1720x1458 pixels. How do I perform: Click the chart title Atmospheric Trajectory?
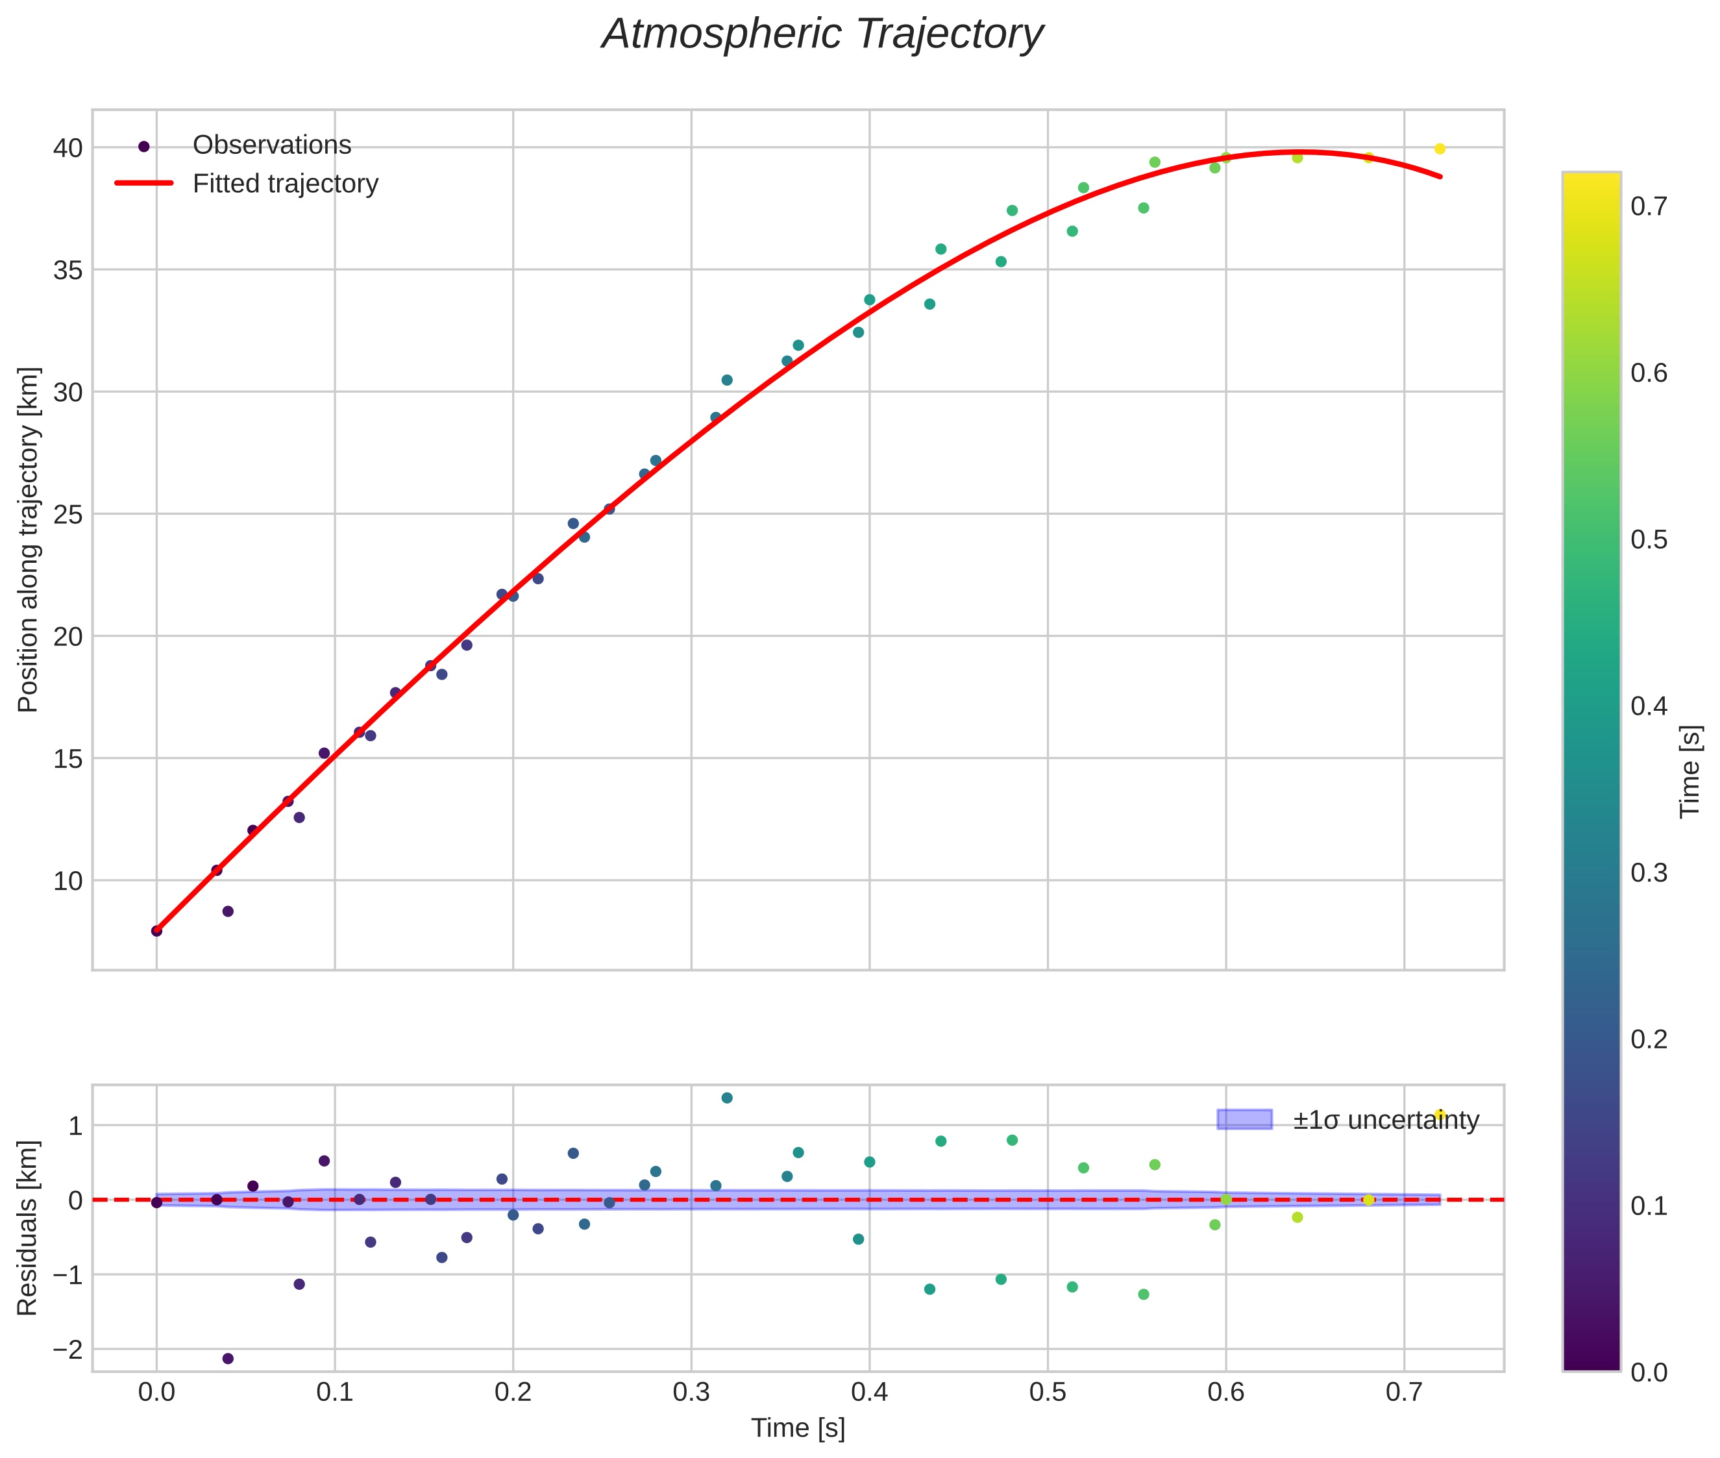point(822,34)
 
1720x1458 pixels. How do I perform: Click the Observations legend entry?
point(271,145)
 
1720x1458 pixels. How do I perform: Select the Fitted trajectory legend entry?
point(285,184)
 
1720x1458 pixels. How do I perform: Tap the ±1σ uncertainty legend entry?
point(1385,1121)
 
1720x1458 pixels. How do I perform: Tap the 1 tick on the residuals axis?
point(75,1126)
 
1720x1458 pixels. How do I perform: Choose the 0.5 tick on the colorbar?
point(1649,539)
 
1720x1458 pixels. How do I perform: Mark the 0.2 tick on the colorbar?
point(1649,1039)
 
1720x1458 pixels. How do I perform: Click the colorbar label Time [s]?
point(1691,771)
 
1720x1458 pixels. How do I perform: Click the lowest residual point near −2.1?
point(228,1359)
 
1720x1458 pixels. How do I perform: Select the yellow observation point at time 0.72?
point(1440,149)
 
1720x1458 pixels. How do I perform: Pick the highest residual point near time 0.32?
point(726,1098)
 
